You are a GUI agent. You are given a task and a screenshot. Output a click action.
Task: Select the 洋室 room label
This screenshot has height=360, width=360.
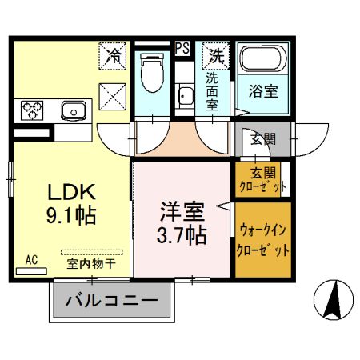[x=183, y=213]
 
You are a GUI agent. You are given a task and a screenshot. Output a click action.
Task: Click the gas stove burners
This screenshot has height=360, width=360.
[x=34, y=109]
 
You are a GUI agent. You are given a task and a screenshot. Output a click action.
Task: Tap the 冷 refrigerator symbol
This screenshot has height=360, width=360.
[x=114, y=56]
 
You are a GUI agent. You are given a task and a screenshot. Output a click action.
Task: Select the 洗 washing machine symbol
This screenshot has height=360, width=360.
[x=214, y=55]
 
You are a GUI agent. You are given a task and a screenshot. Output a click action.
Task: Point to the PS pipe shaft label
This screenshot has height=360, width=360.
[x=183, y=47]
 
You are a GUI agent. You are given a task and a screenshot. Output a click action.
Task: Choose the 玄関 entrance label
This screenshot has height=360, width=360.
[x=262, y=139]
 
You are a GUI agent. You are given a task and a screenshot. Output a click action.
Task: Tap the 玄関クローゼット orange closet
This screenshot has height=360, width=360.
[x=261, y=178]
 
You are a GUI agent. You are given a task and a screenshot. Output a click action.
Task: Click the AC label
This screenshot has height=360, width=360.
[x=31, y=259]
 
